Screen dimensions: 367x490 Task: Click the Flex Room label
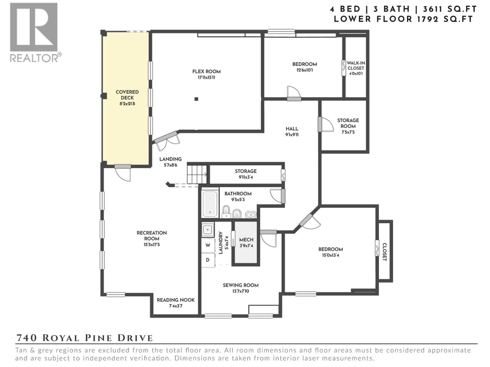tap(206, 72)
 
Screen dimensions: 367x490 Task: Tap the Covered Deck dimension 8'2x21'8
tap(127, 104)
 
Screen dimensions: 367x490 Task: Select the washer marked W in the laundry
tap(208, 245)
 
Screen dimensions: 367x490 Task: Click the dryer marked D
tap(208, 260)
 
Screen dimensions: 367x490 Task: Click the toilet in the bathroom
tap(226, 211)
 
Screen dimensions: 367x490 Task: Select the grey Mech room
tap(246, 242)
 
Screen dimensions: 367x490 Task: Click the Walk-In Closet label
tap(356, 65)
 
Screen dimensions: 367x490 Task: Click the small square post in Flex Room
tap(196, 99)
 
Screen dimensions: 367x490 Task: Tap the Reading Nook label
tap(175, 300)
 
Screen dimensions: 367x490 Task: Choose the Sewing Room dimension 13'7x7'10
tap(240, 291)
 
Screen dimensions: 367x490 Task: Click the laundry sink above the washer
tap(208, 229)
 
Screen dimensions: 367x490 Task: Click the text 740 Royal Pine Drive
tap(84, 338)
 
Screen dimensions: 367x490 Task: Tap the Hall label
tap(292, 129)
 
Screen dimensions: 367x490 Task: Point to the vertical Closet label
tap(385, 252)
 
